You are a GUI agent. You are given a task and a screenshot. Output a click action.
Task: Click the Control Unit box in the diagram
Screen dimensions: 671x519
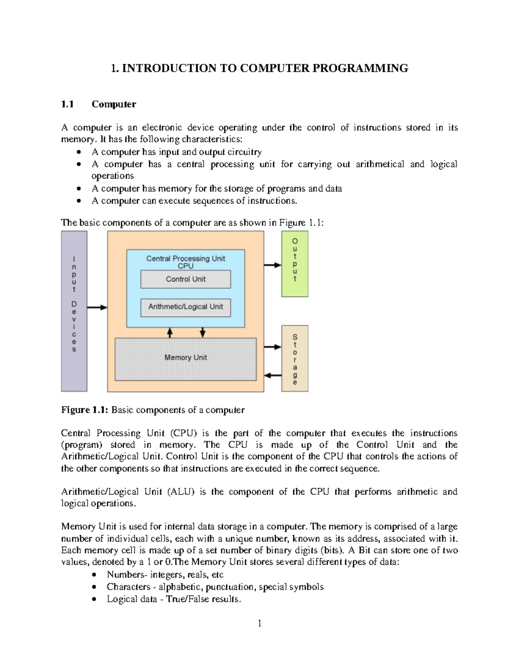(186, 279)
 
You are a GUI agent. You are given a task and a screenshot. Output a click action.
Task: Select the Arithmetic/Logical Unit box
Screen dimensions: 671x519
(186, 307)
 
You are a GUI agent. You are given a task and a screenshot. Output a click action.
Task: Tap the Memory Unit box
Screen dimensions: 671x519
(186, 358)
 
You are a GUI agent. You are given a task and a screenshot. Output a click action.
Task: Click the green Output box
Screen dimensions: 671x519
(295, 264)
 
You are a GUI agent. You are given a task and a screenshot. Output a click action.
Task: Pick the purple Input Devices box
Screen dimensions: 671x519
(74, 311)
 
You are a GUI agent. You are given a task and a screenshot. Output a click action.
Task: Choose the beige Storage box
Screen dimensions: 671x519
(295, 358)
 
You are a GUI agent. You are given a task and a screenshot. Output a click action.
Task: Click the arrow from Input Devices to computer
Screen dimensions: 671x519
(97, 307)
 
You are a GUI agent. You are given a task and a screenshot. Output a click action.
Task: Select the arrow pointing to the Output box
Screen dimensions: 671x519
(272, 265)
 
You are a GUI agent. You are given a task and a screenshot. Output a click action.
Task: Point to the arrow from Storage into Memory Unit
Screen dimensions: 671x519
(272, 375)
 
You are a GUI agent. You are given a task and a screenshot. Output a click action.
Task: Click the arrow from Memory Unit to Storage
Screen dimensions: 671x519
(272, 347)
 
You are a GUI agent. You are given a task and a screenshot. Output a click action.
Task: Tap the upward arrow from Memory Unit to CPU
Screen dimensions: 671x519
(170, 332)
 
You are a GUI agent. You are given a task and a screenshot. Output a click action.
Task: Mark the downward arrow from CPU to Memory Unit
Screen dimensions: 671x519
(202, 332)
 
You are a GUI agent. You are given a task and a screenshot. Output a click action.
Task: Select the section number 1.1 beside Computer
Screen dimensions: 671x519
(67, 104)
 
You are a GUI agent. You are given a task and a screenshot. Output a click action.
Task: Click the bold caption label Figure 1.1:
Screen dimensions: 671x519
(85, 410)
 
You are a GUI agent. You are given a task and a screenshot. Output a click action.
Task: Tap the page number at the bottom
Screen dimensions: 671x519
(259, 623)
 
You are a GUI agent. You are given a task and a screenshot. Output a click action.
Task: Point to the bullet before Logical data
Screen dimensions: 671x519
(94, 599)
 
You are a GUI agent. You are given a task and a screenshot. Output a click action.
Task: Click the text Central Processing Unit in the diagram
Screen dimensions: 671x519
(186, 258)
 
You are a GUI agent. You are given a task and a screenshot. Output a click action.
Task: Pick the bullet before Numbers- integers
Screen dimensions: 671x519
(94, 575)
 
